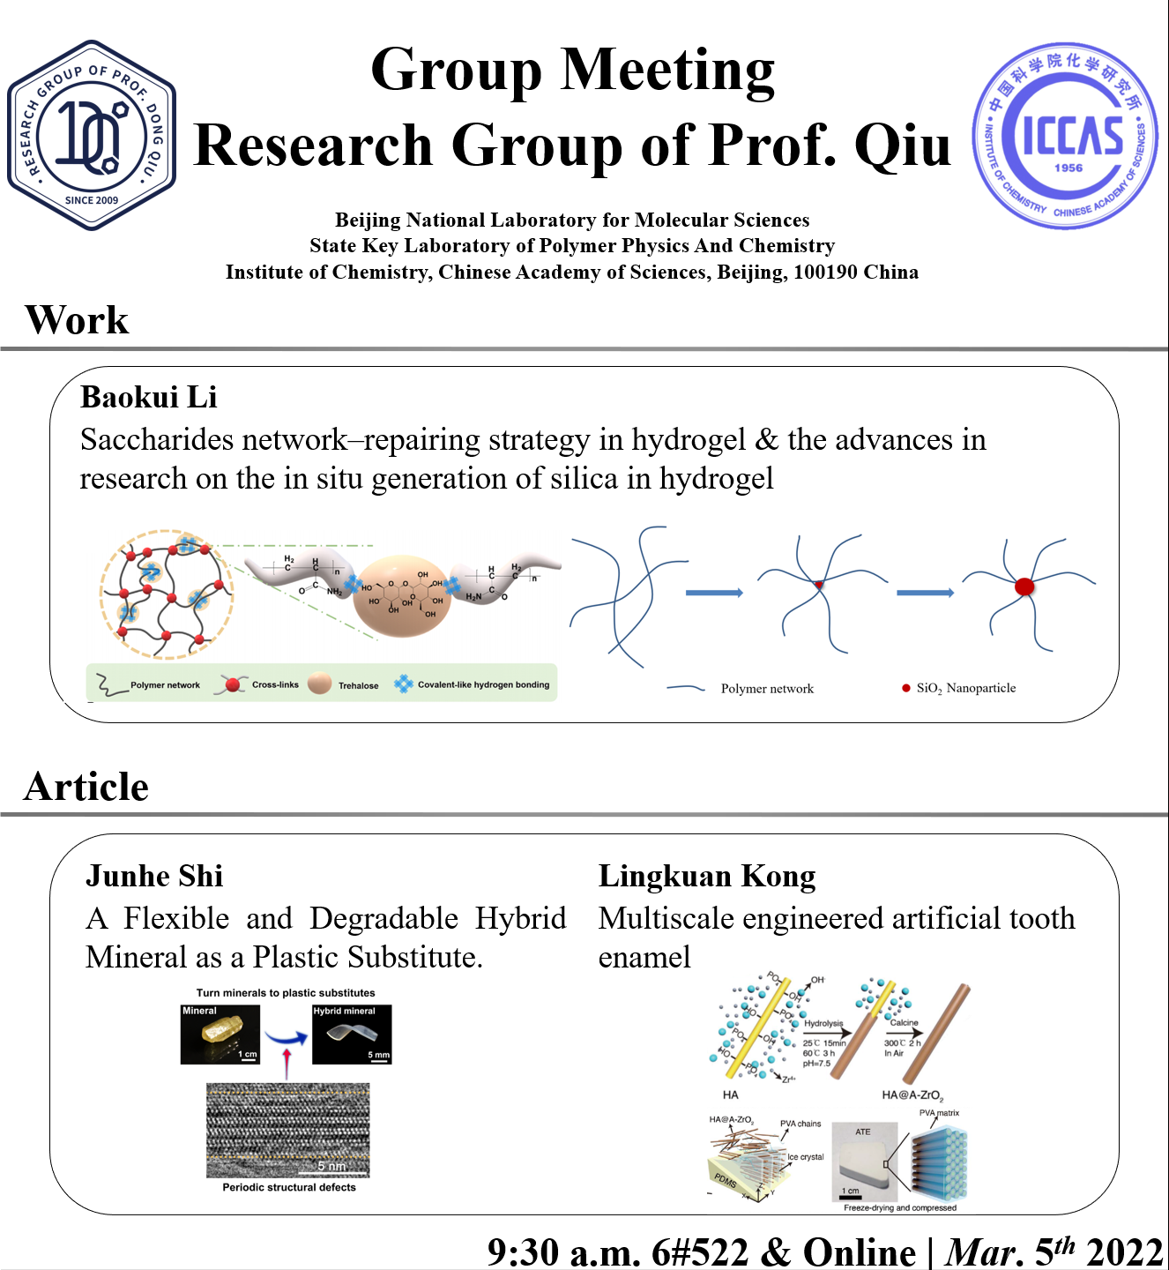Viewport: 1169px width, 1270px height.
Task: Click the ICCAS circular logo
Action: [x=1066, y=137]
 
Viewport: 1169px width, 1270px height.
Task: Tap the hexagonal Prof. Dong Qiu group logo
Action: [x=92, y=135]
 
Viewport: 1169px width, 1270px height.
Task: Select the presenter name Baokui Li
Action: [x=148, y=398]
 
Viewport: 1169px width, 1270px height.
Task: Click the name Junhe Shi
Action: [x=154, y=876]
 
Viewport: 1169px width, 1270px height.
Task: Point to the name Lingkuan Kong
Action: [x=707, y=876]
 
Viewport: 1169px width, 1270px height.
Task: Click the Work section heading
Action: [x=77, y=320]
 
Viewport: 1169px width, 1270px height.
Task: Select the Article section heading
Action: [x=86, y=787]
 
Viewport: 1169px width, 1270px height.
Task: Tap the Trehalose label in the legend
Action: [x=358, y=685]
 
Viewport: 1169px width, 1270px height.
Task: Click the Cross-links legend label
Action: [x=275, y=684]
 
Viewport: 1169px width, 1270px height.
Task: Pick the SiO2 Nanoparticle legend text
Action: [x=965, y=688]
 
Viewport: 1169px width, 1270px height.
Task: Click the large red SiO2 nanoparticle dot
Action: [x=1024, y=586]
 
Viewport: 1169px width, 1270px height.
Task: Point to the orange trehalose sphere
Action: [x=402, y=596]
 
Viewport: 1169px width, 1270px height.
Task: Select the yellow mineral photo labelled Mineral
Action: [x=220, y=1035]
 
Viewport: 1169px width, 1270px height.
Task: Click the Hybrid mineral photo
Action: [x=352, y=1035]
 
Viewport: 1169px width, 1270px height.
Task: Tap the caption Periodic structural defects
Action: [x=289, y=1188]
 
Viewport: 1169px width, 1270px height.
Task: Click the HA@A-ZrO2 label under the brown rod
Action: [x=912, y=1095]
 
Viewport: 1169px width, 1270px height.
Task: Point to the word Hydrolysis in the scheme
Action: [x=823, y=1024]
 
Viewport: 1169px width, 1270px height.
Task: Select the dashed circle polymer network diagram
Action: [x=167, y=594]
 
